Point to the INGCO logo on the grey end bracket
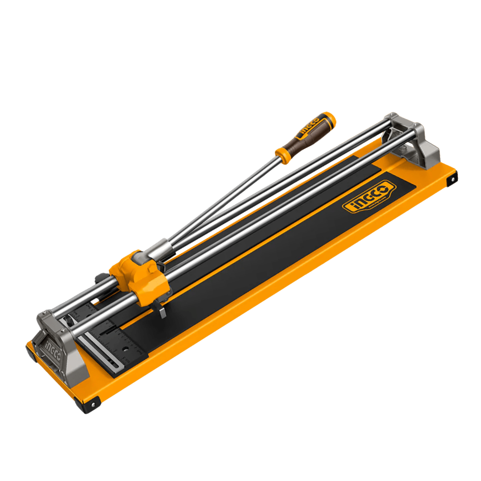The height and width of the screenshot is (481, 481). click(53, 347)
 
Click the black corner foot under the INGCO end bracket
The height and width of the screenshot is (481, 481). click(31, 352)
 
